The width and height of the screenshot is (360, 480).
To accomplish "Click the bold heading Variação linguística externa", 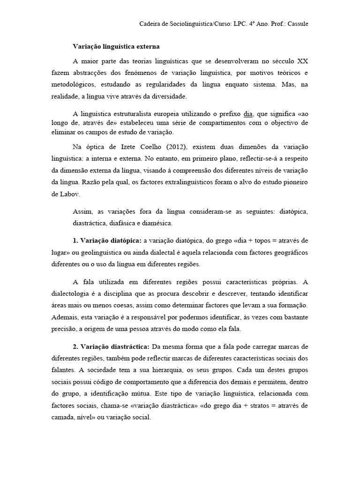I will (116, 46).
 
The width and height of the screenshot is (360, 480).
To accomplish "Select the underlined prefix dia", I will (248, 113).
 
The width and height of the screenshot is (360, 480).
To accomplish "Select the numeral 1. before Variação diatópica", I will (75, 240).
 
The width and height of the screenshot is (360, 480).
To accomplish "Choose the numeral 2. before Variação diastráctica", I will (75, 346).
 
